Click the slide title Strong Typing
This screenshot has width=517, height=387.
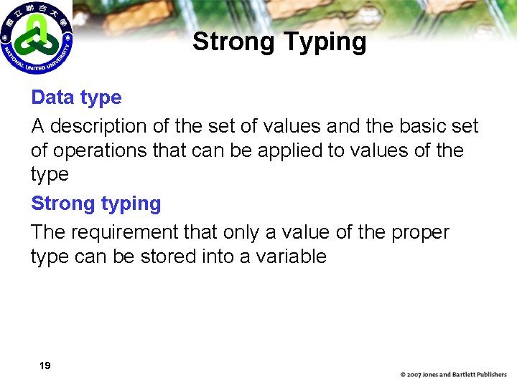pos(279,42)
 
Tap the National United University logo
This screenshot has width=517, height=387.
pos(37,37)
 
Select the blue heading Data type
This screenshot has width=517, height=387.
pos(76,97)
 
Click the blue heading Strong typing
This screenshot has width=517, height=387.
pos(96,204)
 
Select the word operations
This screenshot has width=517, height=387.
pos(106,151)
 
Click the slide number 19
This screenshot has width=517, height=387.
pos(45,366)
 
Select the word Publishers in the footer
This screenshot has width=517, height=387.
pos(490,375)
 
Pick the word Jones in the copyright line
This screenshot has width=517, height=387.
pos(433,375)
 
